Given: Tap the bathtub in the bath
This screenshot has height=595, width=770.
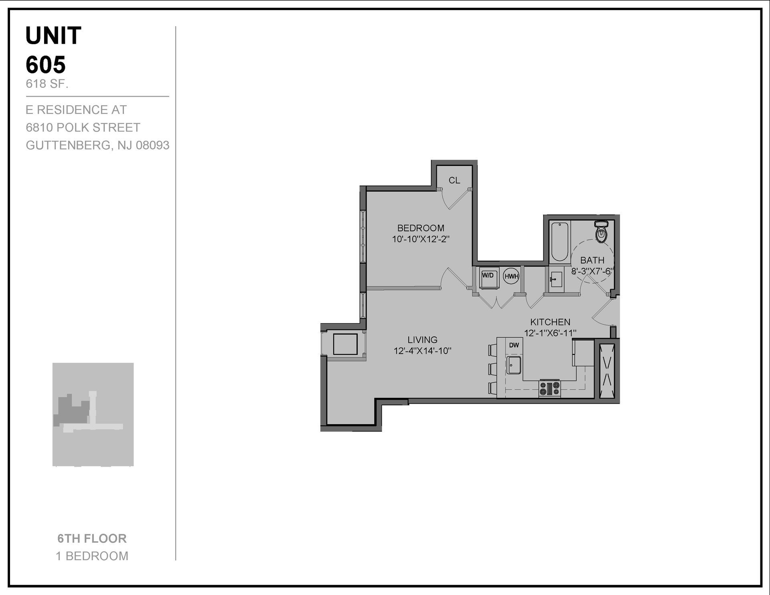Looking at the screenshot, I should click(x=560, y=242).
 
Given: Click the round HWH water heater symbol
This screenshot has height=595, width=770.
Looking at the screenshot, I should click(x=511, y=276).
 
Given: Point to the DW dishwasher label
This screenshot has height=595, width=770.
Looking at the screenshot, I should click(x=514, y=345).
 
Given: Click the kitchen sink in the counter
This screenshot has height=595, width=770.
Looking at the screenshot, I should click(x=514, y=365).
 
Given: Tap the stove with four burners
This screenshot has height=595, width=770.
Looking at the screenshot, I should click(x=549, y=389).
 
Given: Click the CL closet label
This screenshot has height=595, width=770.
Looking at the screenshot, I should click(x=454, y=180).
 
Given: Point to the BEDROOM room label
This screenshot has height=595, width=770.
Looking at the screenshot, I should click(x=421, y=228).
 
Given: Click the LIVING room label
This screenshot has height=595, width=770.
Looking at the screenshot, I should click(x=422, y=340).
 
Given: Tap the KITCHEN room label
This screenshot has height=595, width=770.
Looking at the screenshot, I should click(x=550, y=322).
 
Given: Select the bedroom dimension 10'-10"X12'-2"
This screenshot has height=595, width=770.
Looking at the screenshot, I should click(x=421, y=239).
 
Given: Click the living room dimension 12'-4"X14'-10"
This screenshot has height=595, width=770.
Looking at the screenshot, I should click(x=422, y=351).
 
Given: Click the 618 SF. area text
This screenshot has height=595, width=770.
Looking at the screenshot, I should click(x=47, y=84).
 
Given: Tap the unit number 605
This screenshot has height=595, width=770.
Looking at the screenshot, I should click(x=46, y=65).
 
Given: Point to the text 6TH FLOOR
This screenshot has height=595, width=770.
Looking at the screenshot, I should click(x=92, y=538).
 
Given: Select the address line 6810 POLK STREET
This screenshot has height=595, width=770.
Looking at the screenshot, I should click(x=83, y=127).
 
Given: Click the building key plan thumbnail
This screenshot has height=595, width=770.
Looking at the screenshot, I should click(x=93, y=414).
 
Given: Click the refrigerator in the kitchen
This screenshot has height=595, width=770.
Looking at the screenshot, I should click(x=583, y=353).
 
